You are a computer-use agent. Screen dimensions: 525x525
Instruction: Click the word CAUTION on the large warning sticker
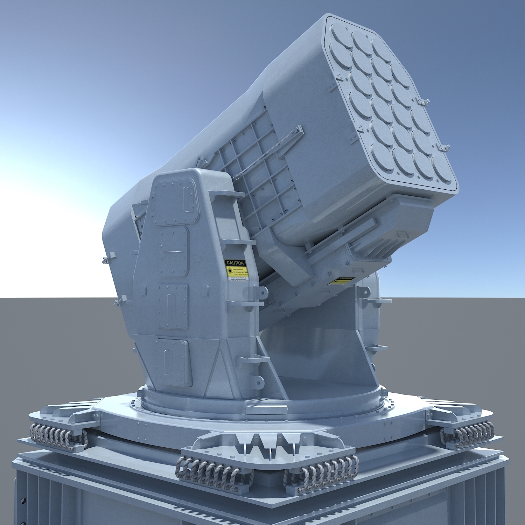tap(235, 262)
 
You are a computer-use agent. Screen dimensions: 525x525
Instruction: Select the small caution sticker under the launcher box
tap(342, 280)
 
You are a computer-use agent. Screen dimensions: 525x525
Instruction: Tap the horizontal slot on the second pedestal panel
tap(171, 252)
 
